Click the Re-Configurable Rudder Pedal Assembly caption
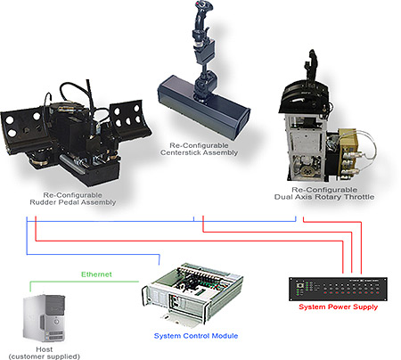click(x=78, y=198)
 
